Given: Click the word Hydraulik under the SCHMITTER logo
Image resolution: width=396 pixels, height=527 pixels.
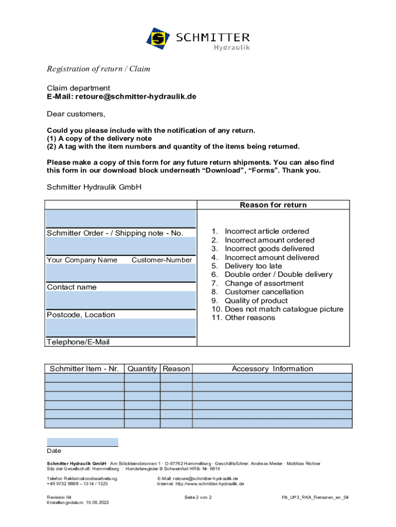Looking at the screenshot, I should (x=231, y=48).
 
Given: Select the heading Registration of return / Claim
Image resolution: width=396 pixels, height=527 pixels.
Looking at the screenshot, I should (x=98, y=69).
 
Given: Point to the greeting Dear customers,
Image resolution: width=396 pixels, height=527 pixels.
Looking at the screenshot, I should (x=76, y=114).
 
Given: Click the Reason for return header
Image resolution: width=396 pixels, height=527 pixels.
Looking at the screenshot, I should (x=273, y=205).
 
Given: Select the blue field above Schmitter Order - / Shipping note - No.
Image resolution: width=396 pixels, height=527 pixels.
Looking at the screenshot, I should (x=121, y=218).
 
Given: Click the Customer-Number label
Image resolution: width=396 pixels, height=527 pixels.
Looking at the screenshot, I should (x=161, y=260).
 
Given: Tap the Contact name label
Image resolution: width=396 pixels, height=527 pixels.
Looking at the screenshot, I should (x=71, y=287).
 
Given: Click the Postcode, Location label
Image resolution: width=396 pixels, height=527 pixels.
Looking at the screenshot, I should (x=81, y=314).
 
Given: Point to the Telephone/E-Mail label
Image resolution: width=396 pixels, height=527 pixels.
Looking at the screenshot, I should (x=78, y=342).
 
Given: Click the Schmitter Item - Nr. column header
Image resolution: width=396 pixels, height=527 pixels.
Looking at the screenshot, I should (x=84, y=368).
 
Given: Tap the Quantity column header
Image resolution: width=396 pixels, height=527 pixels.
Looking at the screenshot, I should (x=142, y=368).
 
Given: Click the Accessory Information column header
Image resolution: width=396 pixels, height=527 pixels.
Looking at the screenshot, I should (x=272, y=368).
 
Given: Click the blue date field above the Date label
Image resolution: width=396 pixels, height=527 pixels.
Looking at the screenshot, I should (x=82, y=442).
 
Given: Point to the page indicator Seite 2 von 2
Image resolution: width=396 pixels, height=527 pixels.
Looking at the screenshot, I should (x=198, y=498).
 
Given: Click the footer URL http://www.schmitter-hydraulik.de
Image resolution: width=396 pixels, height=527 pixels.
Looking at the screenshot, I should (x=210, y=484).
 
